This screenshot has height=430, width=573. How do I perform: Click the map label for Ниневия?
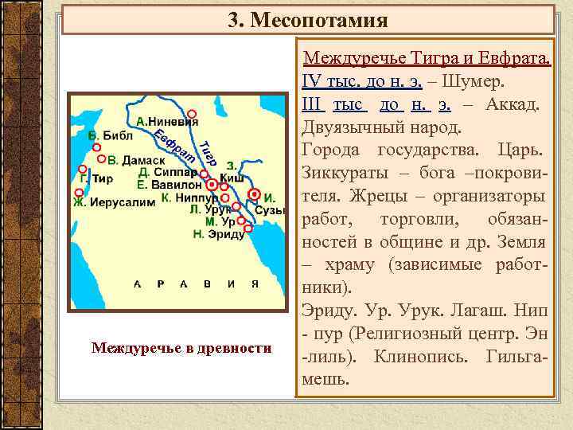pyautogui.click(x=172, y=122)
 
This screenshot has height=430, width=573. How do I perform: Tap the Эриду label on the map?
pyautogui.click(x=226, y=235)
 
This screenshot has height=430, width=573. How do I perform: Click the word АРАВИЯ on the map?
pyautogui.click(x=196, y=283)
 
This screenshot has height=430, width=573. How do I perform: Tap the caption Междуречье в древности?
pyautogui.click(x=181, y=347)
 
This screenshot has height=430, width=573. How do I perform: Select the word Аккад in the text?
pyautogui.click(x=514, y=104)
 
